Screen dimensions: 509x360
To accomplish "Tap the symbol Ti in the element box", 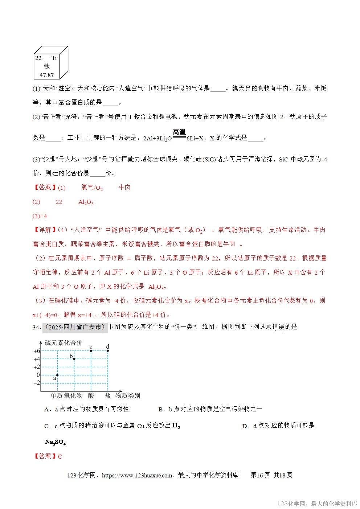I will click(54, 58).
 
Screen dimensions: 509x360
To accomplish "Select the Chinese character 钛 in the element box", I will click(46, 66).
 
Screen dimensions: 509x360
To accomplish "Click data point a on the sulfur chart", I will click(57, 375).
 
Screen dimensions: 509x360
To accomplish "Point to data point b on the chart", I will click(74, 359).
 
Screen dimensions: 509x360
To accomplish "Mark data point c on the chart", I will click(91, 350).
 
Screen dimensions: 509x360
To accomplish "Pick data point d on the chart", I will click(108, 350).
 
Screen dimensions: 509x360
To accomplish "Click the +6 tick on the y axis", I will click(36, 351).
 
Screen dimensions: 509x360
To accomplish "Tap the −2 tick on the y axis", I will click(36, 383).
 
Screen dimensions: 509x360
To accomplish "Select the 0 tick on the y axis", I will click(38, 375).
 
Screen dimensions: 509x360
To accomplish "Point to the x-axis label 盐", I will click(108, 395).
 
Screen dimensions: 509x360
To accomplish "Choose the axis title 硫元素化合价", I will click(64, 342).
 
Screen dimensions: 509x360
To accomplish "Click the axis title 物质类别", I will click(128, 395).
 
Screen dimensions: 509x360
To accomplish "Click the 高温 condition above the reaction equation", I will click(179, 132).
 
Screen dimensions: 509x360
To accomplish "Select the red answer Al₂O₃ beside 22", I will click(86, 202).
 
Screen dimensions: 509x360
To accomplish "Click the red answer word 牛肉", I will click(124, 188).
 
